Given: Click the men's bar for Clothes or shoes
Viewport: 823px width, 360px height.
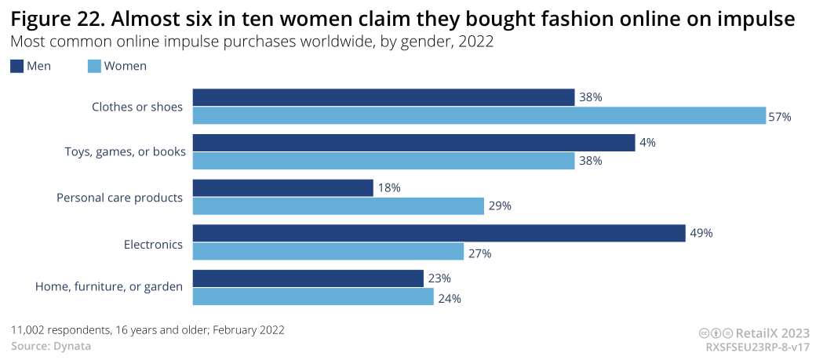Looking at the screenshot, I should point(384,97).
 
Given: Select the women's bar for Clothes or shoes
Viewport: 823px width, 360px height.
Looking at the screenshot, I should point(479,116).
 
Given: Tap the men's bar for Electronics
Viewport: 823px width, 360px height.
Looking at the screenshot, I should point(439,233).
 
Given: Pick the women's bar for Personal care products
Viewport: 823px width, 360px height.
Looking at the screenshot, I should point(338,206).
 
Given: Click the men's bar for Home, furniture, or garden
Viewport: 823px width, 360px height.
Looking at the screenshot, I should point(308,278).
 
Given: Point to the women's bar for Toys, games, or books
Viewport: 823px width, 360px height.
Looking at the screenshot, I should point(384,161).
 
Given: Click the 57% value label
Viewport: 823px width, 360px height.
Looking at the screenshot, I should point(780,117).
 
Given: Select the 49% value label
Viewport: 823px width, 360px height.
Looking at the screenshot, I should point(701,233).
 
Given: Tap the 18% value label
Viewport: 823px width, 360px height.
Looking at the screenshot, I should point(390,188).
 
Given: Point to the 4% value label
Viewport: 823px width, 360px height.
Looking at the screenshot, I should point(647,143).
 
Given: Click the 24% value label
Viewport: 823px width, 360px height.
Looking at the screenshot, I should point(450,298).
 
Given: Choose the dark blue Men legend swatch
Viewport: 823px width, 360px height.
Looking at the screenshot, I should point(16,66).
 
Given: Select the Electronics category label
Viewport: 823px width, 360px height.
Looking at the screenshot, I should point(153,245).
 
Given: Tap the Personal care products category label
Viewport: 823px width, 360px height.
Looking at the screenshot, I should point(119,198).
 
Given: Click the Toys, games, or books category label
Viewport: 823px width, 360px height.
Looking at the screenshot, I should point(125,152).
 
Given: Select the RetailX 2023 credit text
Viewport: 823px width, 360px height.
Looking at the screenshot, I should point(772,333).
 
